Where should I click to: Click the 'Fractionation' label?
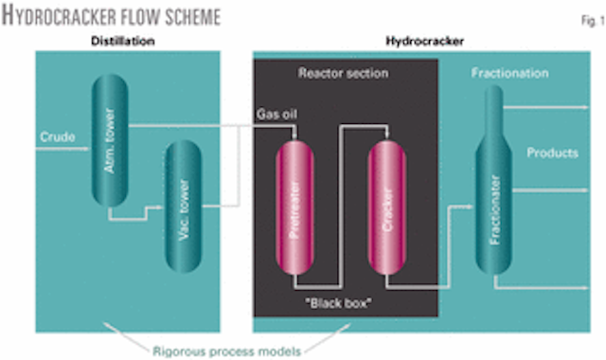pyautogui.click(x=511, y=73)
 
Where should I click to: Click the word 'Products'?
pyautogui.click(x=553, y=153)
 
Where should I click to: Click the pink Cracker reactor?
pyautogui.click(x=388, y=206)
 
